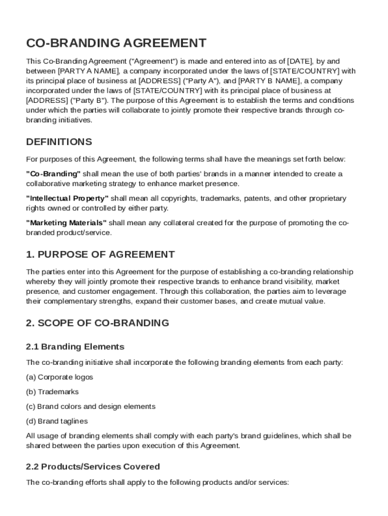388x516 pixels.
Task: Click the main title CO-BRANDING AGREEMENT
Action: (x=116, y=43)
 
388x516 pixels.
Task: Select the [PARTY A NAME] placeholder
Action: (x=89, y=71)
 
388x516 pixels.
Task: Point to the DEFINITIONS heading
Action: (x=59, y=142)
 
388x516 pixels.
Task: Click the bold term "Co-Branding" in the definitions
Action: (x=53, y=174)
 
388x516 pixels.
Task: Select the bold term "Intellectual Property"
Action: (x=67, y=198)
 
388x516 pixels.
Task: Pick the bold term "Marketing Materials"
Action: (x=66, y=223)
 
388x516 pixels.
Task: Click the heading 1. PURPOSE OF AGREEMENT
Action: (x=100, y=254)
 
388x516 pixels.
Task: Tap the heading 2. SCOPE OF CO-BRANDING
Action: (x=97, y=323)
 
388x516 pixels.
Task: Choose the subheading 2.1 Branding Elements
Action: (x=75, y=347)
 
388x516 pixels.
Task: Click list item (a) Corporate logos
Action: (x=59, y=377)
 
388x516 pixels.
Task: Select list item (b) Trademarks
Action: (x=52, y=392)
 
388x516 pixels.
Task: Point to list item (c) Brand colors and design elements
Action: (x=91, y=406)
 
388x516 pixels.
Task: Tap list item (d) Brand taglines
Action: (x=57, y=421)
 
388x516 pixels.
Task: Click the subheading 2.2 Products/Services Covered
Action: (x=93, y=467)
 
